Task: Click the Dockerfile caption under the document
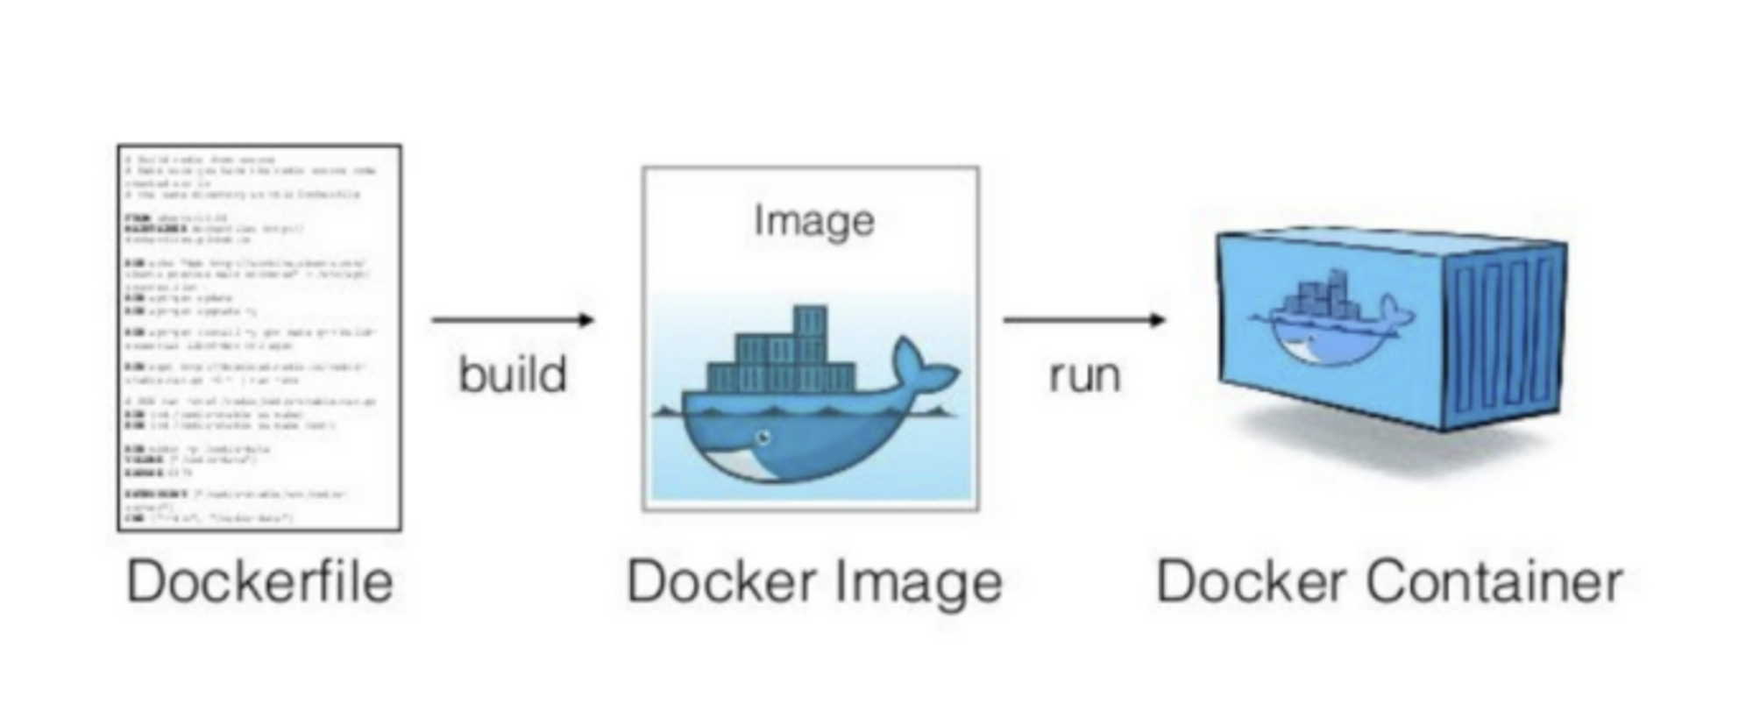pyautogui.click(x=259, y=582)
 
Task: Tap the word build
pyautogui.click(x=513, y=375)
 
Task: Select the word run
pyautogui.click(x=1084, y=375)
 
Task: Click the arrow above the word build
pyautogui.click(x=513, y=320)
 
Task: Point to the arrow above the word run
pyautogui.click(x=1084, y=320)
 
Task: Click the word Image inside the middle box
pyautogui.click(x=813, y=221)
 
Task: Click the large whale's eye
pyautogui.click(x=763, y=436)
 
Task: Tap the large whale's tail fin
pyautogui.click(x=920, y=368)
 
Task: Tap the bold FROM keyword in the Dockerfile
pyautogui.click(x=138, y=217)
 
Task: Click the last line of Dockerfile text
pyautogui.click(x=210, y=517)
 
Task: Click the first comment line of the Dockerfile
pyautogui.click(x=202, y=160)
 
